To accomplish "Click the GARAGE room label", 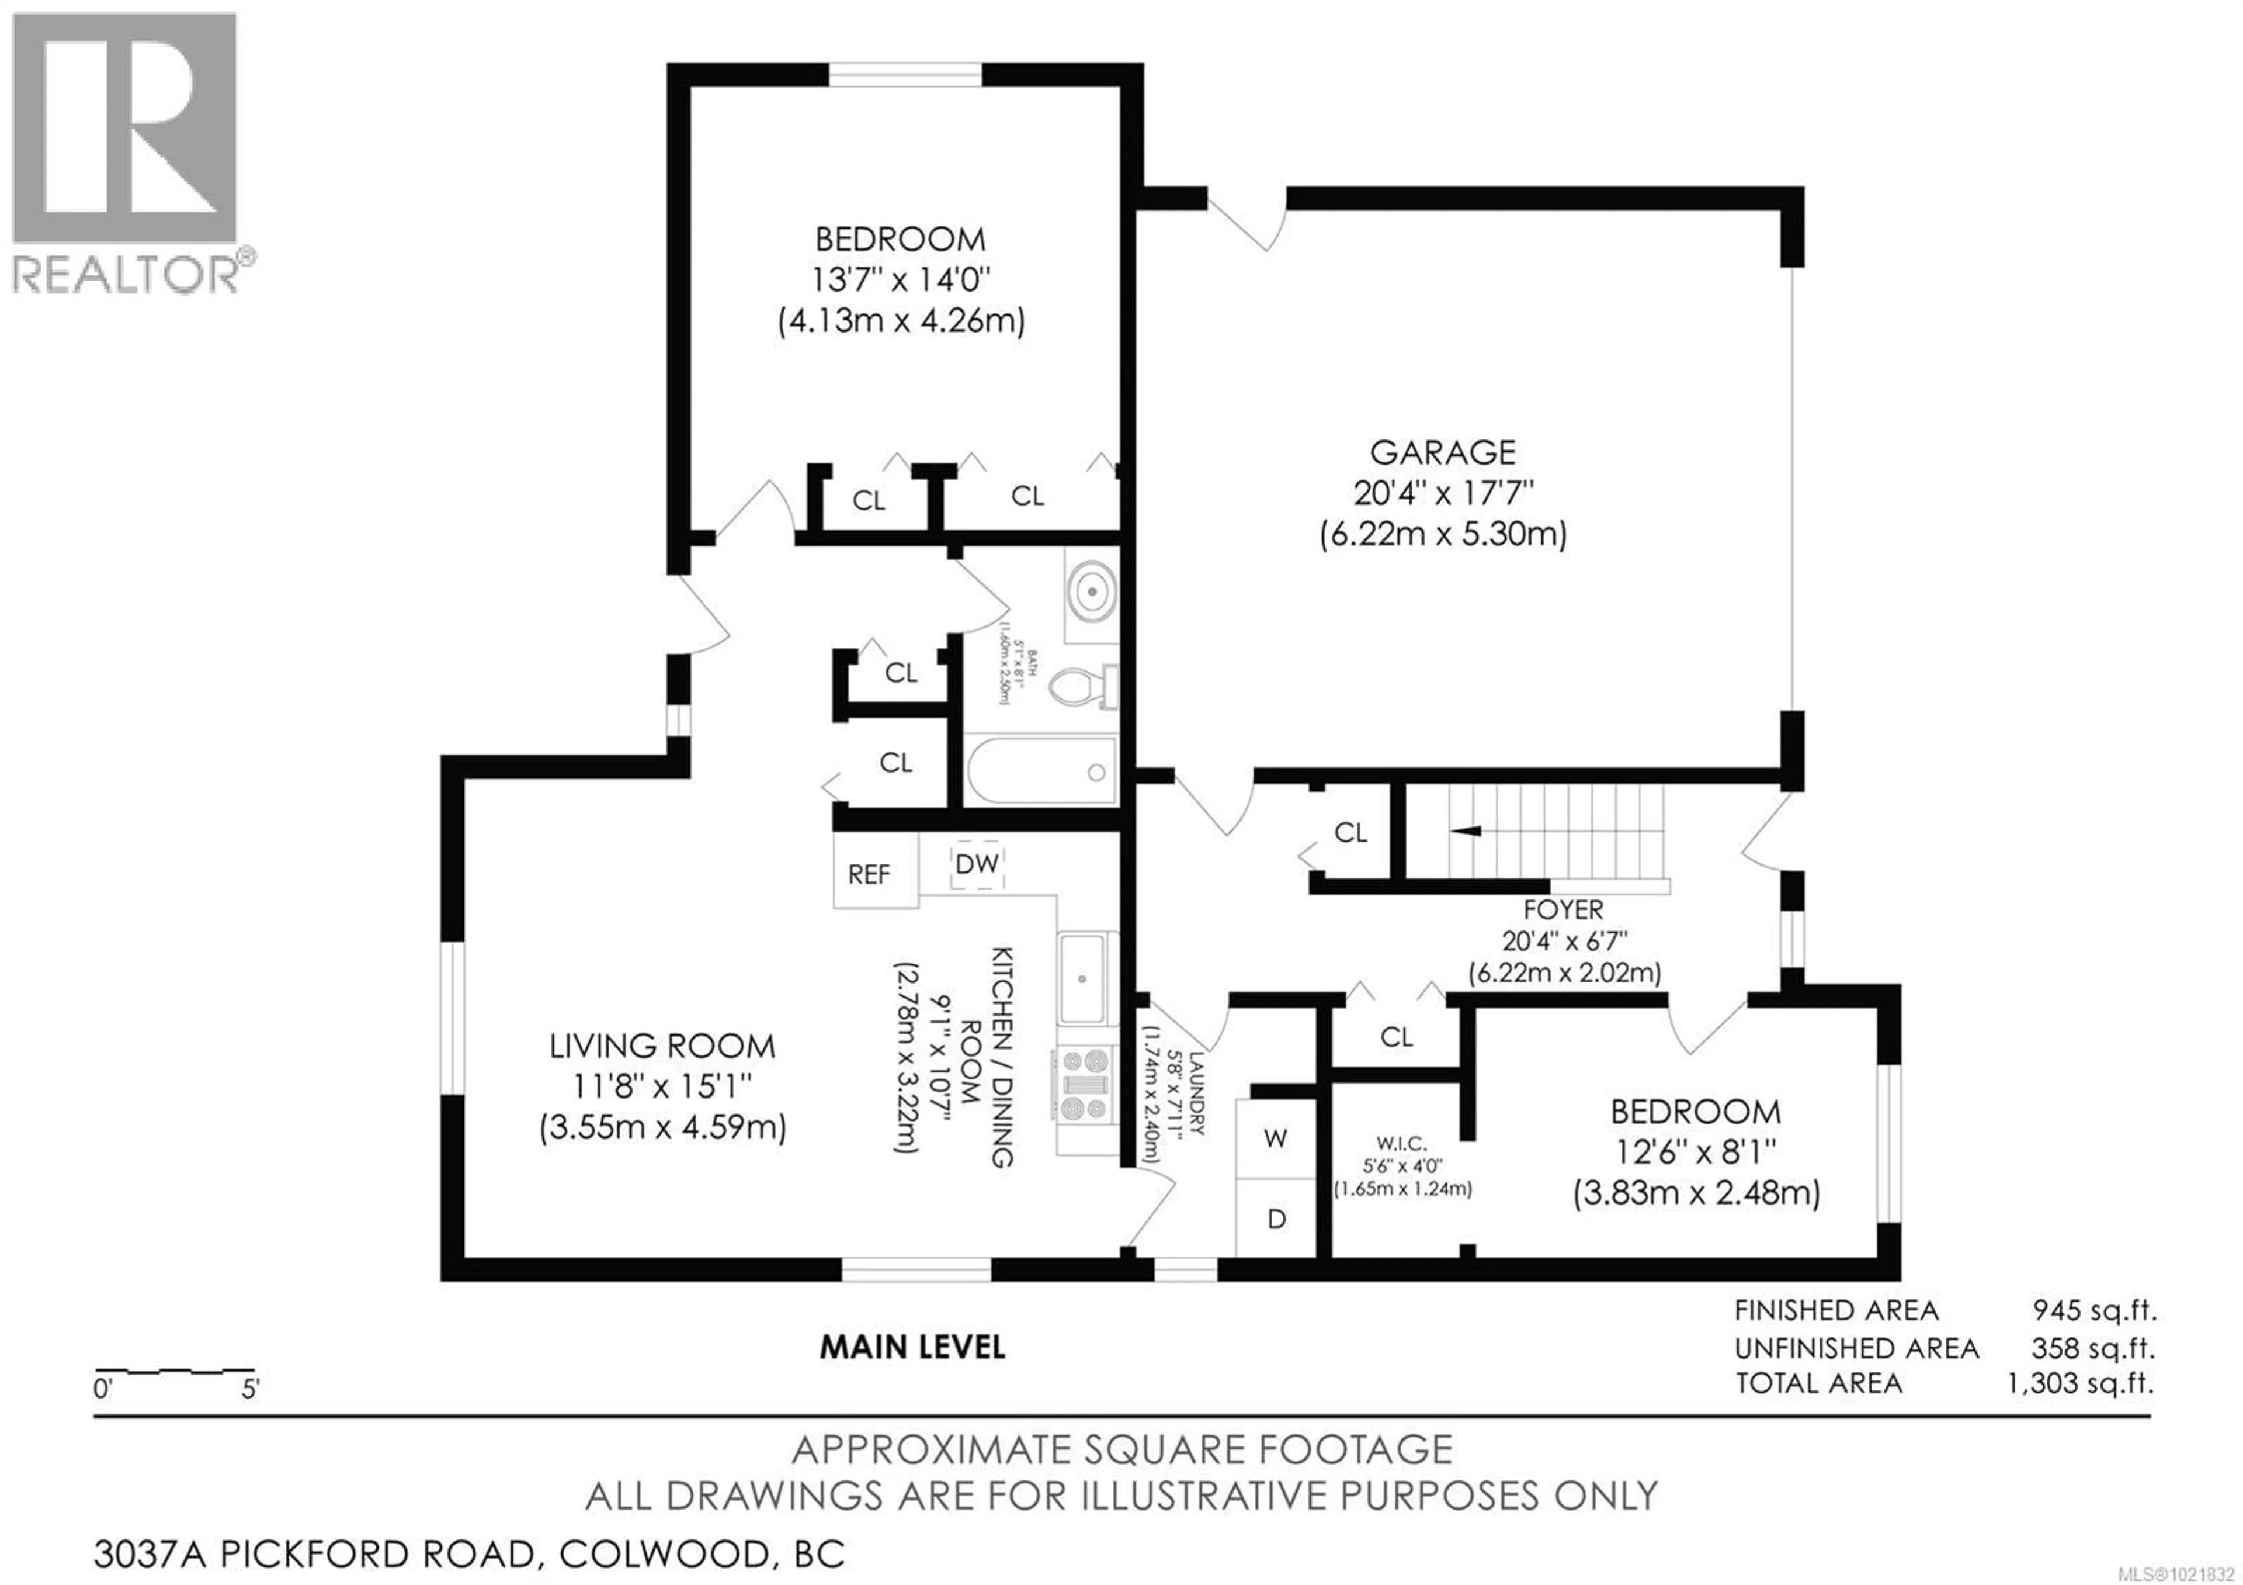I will point(1442,452).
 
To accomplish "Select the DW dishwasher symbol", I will point(976,864).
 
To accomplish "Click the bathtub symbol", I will point(1040,772).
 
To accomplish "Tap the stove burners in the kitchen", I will point(1085,1083).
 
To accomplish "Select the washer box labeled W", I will point(1276,1138).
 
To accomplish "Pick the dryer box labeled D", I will point(1276,1219).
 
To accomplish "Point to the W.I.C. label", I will point(1402,1143).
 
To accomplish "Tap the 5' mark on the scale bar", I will point(250,1389).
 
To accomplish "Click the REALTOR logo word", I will point(125,275).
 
